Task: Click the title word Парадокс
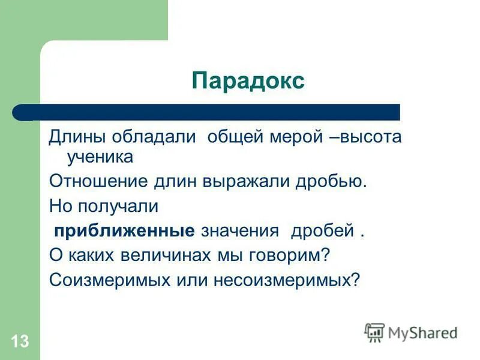[x=248, y=80]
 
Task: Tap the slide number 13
[x=19, y=342]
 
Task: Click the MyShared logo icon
[x=374, y=332]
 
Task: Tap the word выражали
[x=257, y=181]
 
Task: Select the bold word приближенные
[x=125, y=231]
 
